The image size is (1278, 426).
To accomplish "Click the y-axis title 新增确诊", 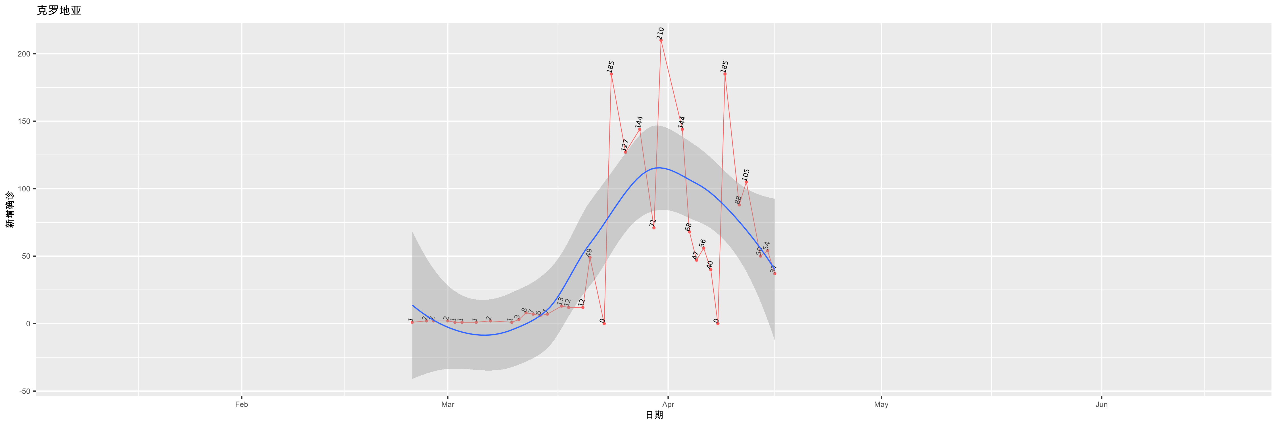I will coord(10,210).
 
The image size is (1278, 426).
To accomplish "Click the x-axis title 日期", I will coord(654,415).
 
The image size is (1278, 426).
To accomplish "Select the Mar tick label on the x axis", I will coord(448,405).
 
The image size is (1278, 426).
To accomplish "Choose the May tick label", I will coord(881,405).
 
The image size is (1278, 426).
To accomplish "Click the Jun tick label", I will coord(1101,405).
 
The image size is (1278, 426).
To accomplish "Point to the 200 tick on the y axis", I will coord(24,54).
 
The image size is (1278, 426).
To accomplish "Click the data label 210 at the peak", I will coord(660,33).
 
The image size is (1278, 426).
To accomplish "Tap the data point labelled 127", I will coord(625,152).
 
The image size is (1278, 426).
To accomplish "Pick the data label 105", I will coord(746,175).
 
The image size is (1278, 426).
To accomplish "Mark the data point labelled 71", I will coord(653,228).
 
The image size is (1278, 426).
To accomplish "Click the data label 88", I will coord(738,200).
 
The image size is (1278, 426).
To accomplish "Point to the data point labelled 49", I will coord(590,257).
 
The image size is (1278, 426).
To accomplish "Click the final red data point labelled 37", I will coord(774,273).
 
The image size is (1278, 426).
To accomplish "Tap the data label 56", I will coord(703,243).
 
